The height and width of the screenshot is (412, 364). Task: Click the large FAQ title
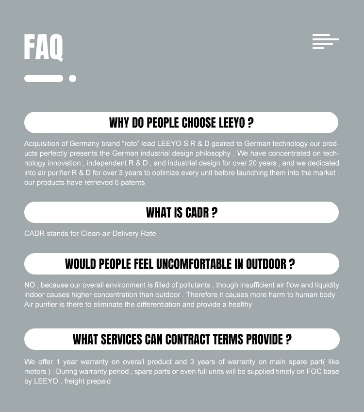[43, 47]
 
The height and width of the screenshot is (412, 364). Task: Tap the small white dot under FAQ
[72, 78]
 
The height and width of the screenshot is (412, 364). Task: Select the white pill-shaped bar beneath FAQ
[44, 78]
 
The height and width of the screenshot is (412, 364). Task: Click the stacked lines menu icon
[325, 41]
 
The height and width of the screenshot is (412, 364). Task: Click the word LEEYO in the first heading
[232, 123]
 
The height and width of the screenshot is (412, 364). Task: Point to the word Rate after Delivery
[148, 233]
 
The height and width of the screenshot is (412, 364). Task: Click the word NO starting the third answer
[30, 285]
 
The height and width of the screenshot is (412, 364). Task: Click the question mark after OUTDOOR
[292, 264]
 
